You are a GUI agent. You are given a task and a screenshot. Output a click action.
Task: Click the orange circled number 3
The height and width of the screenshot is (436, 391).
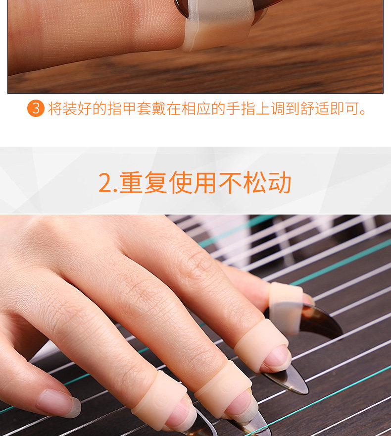pos(36,108)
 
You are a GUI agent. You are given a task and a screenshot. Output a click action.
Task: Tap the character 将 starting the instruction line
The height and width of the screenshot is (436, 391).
pos(55,109)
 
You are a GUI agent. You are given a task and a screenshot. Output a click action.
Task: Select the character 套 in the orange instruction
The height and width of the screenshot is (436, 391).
pos(144,109)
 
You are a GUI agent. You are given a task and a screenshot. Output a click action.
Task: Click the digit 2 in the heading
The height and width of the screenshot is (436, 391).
pos(105,183)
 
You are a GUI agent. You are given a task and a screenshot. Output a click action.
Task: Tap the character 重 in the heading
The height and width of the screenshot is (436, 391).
pos(131,182)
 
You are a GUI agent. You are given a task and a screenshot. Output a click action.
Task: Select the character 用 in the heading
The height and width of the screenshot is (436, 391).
pos(205,182)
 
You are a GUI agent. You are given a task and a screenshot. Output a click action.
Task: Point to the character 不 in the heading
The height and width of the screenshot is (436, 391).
pos(230,182)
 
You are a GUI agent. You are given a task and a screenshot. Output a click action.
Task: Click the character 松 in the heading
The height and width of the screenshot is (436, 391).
pos(255,182)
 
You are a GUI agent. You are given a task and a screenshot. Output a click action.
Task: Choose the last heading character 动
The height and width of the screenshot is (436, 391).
pos(279,182)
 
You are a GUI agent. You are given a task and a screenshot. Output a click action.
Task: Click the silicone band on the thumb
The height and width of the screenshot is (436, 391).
pos(286,308)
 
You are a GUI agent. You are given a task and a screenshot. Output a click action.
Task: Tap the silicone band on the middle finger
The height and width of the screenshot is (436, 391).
pos(222,385)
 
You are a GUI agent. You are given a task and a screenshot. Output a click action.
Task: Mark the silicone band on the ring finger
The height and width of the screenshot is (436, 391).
pos(159,396)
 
